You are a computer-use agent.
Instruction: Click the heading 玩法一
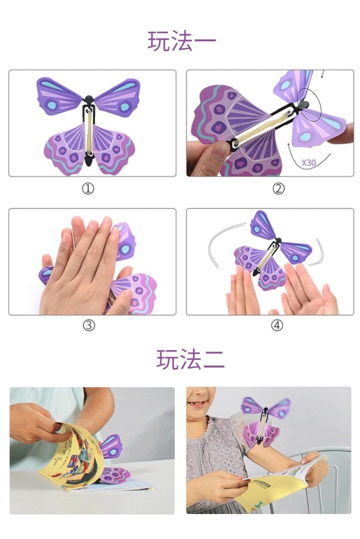coord(182,41)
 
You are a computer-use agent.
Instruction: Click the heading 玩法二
coord(190,359)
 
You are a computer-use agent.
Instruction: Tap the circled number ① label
coord(88,188)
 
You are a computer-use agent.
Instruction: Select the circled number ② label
coord(278,188)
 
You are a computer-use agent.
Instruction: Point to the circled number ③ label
coord(89,325)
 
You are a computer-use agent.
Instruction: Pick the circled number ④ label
coord(277,325)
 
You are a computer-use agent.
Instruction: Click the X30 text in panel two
coord(309,162)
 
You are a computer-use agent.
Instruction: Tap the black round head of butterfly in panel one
coord(89,100)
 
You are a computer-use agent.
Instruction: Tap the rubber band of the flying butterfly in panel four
coord(264,258)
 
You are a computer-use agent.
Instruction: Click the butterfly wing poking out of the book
coord(111,446)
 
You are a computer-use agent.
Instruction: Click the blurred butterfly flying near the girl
coord(265,422)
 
